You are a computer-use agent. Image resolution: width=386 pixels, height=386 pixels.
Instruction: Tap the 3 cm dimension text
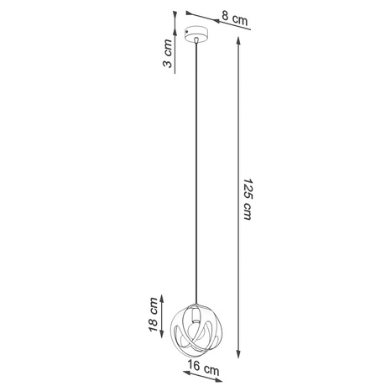(x=168, y=56)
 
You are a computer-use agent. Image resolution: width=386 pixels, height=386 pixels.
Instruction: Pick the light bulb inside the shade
(x=195, y=324)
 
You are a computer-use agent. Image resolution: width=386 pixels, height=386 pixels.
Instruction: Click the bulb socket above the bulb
(x=195, y=311)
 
